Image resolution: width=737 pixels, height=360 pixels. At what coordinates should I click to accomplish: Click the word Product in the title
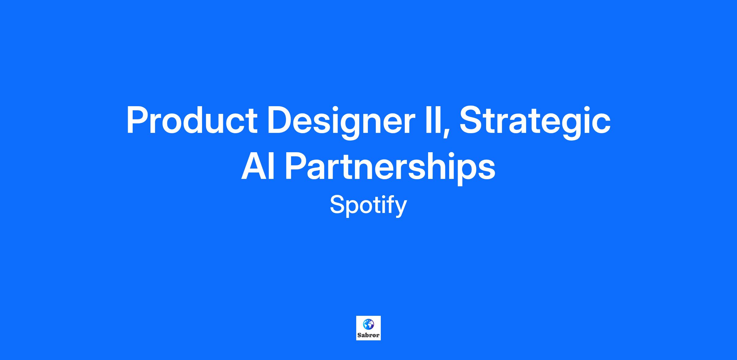(x=192, y=120)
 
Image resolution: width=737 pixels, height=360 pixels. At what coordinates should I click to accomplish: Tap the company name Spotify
(x=368, y=205)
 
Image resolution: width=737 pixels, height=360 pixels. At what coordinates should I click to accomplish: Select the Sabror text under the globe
(x=368, y=335)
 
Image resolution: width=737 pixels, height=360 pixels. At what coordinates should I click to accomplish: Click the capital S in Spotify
(x=338, y=205)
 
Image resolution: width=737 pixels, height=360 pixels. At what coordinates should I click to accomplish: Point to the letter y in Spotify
(x=400, y=209)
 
